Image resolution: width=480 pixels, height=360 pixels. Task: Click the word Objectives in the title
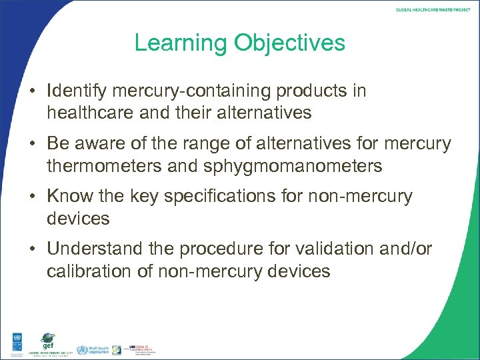point(289,43)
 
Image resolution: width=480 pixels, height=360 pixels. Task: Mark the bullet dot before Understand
point(34,250)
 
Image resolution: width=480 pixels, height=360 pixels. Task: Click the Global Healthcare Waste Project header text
point(433,9)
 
